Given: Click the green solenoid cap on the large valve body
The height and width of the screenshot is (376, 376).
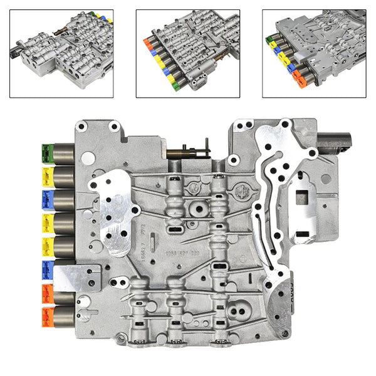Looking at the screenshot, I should [x=46, y=152].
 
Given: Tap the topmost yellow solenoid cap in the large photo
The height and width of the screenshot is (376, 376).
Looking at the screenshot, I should [x=46, y=174].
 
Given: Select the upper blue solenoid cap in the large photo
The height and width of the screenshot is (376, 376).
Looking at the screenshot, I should [x=46, y=199].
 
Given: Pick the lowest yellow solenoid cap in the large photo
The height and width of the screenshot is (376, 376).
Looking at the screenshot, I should [x=46, y=245].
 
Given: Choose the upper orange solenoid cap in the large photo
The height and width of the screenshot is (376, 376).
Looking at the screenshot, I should [x=46, y=291].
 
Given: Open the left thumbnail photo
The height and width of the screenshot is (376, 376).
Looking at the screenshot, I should [x=61, y=53].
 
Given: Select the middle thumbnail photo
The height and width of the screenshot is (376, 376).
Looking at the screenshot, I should [x=188, y=53].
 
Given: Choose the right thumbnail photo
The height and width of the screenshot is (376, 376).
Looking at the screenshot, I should [x=313, y=53].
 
